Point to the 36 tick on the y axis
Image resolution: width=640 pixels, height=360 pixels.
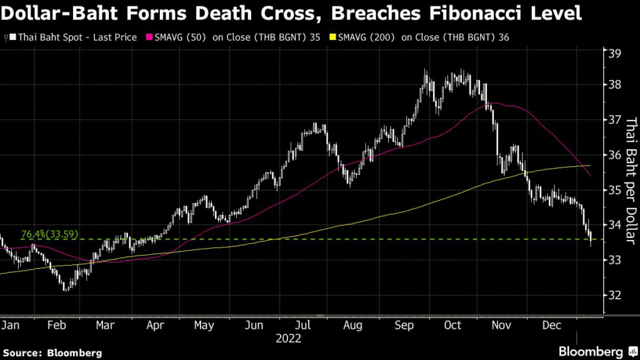[x=615, y=155]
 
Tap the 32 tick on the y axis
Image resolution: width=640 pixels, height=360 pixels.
[x=615, y=295]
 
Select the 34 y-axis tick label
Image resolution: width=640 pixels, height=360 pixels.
[x=615, y=225]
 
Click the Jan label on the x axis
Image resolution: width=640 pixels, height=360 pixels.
[x=10, y=326]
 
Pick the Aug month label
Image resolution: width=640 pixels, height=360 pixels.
[x=352, y=326]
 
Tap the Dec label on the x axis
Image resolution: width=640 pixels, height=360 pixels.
[x=550, y=326]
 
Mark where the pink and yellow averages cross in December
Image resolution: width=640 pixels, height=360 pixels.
[x=580, y=166]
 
